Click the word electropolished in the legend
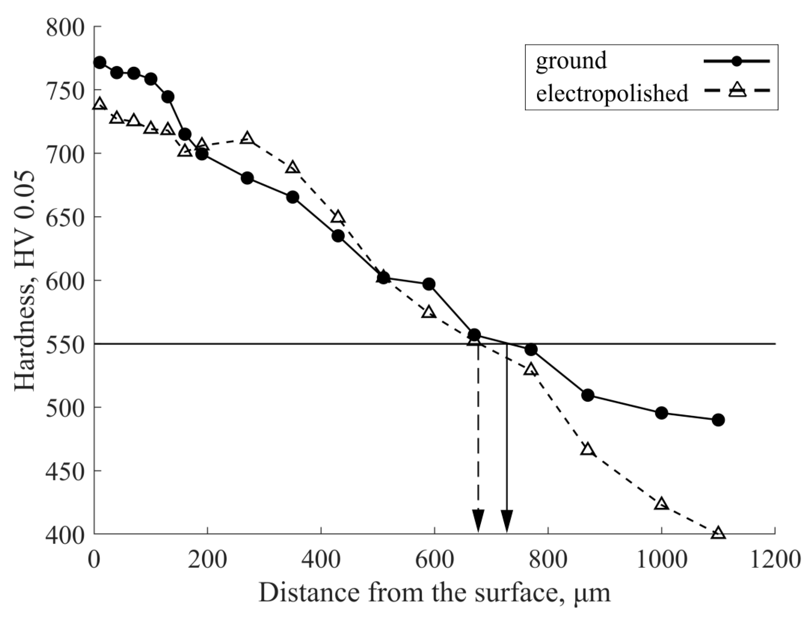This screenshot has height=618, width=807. point(612,93)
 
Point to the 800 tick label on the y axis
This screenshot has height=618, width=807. point(65,28)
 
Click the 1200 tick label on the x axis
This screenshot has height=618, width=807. point(775,559)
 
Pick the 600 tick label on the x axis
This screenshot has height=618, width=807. point(435,559)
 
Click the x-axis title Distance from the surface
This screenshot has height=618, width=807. point(435,593)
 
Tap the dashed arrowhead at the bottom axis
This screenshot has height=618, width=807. point(478,521)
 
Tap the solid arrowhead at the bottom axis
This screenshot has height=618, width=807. point(507,521)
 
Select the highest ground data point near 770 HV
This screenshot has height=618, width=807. point(100,63)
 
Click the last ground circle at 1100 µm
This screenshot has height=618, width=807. point(718,420)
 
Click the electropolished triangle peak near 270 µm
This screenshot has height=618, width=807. point(247,138)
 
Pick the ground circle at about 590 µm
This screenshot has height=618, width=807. point(429,284)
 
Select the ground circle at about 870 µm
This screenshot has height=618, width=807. point(588,395)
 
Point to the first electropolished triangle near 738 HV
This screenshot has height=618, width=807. point(100,104)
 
